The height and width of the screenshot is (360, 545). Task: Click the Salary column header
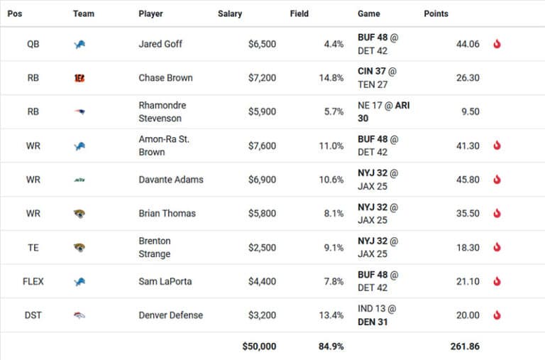pyautogui.click(x=230, y=13)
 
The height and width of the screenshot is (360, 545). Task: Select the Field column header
pyautogui.click(x=299, y=13)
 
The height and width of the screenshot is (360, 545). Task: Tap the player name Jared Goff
pyautogui.click(x=160, y=44)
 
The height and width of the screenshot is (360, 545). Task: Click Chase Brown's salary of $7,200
pyautogui.click(x=262, y=78)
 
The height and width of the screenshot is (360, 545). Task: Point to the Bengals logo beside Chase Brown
pyautogui.click(x=79, y=78)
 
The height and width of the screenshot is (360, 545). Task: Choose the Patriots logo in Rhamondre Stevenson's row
pyautogui.click(x=79, y=112)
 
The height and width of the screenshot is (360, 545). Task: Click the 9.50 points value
pyautogui.click(x=469, y=112)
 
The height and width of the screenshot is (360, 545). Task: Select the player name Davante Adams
pyautogui.click(x=171, y=180)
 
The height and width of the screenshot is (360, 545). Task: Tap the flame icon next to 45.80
pyautogui.click(x=497, y=180)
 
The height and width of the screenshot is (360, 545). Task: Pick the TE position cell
pyautogui.click(x=33, y=248)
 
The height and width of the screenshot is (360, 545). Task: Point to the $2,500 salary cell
pyautogui.click(x=262, y=248)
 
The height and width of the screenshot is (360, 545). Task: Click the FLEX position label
pyautogui.click(x=33, y=282)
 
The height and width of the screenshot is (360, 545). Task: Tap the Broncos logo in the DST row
pyautogui.click(x=79, y=315)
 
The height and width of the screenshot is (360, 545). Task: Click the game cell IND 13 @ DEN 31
pyautogui.click(x=379, y=315)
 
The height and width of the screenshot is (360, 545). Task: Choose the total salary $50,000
pyautogui.click(x=258, y=347)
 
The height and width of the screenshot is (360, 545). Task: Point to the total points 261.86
pyautogui.click(x=465, y=347)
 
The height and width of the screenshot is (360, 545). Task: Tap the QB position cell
pyautogui.click(x=33, y=44)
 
